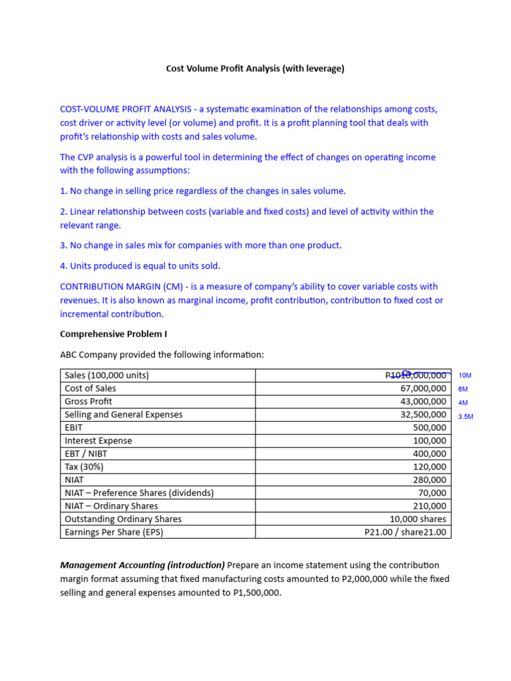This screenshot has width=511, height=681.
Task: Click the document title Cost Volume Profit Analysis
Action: tap(255, 68)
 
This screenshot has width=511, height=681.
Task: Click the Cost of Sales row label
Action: tap(90, 388)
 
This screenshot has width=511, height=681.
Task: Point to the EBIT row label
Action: tap(75, 428)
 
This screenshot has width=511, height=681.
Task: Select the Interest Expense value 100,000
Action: tap(430, 441)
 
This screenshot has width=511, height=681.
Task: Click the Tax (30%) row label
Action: tap(84, 467)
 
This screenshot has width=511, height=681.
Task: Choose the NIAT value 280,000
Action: tap(430, 480)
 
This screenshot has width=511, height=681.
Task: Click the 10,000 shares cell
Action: tap(418, 519)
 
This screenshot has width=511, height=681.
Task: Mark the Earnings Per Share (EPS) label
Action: tap(114, 532)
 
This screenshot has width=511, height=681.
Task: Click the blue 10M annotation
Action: tap(465, 376)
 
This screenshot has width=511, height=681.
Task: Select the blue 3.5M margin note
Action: tap(465, 416)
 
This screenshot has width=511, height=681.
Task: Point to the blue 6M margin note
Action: tap(463, 389)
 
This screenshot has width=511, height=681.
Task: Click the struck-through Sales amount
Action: tap(416, 376)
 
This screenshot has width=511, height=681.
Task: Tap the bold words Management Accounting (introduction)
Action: tap(142, 565)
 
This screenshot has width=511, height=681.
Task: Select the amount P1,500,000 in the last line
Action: tap(252, 593)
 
